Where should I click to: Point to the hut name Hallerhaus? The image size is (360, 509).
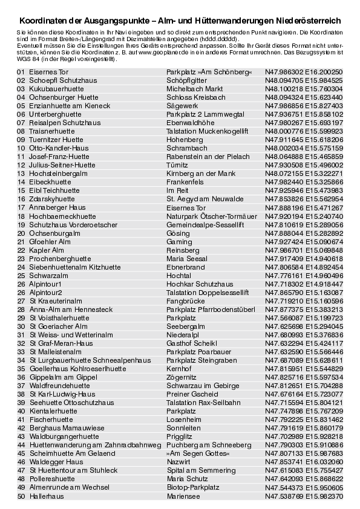tap(46, 496)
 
